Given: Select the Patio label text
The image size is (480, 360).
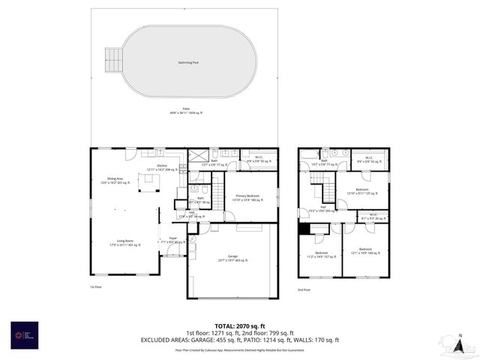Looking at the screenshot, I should coord(184,110).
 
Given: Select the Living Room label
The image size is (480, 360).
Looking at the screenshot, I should coord(124,242).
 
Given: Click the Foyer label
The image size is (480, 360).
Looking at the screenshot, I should coord(172,240).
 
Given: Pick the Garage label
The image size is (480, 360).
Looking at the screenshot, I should coord(232,259).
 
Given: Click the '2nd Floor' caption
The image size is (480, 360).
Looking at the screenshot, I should coord(304,289).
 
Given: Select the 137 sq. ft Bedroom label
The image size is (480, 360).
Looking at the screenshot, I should coord(362,190).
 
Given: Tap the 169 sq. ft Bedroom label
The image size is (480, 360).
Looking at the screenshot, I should coord(365,250).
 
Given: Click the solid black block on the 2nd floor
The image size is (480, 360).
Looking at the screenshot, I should coord(304,229).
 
